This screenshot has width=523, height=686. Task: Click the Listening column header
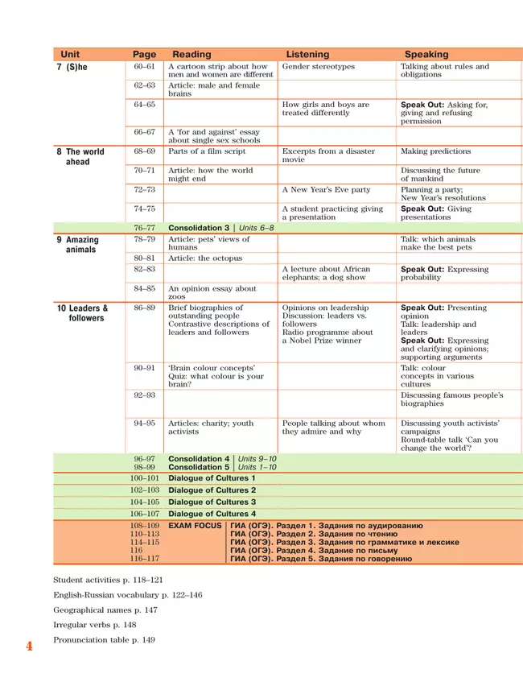point(307,55)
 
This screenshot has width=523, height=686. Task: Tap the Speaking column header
point(426,55)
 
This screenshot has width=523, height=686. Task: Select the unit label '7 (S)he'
point(72,68)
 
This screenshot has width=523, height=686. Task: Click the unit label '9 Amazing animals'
point(79,244)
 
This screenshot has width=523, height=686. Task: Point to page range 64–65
point(145,105)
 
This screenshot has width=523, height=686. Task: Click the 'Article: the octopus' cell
point(204,258)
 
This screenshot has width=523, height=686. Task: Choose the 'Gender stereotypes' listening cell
point(318,67)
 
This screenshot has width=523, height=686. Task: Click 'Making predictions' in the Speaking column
point(435,151)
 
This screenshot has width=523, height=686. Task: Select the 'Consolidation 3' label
point(199,228)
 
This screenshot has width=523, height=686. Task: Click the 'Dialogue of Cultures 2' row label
point(212,490)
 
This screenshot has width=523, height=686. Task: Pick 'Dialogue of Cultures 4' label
point(212,513)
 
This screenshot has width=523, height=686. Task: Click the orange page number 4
point(29,647)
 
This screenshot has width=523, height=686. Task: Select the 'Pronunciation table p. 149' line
point(105,639)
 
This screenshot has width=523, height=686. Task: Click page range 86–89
point(145,308)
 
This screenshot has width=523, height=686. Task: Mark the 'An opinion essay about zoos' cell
point(212,292)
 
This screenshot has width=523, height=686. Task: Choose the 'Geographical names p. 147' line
point(105,610)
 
